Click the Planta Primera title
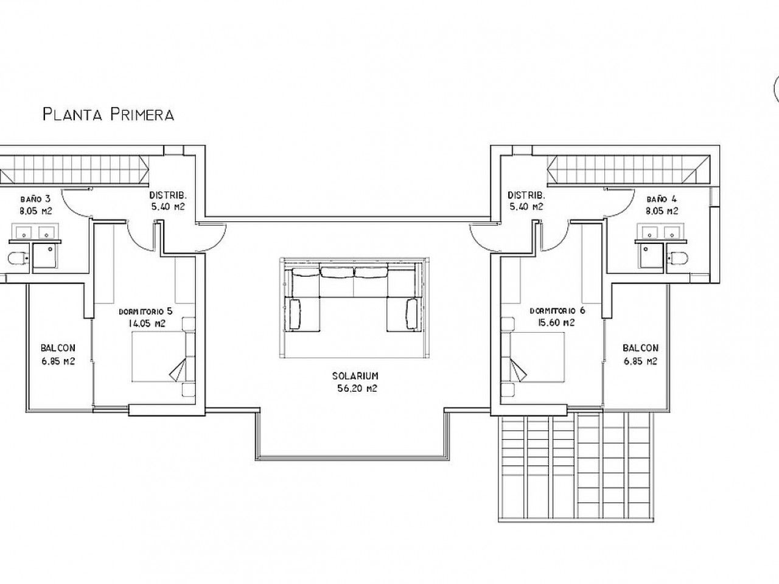[x=108, y=114]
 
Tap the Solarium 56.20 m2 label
[x=355, y=382]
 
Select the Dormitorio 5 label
[x=145, y=311]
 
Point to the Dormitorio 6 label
[x=557, y=311]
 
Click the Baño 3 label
[x=35, y=200]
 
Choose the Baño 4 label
[x=662, y=200]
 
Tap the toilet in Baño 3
[x=18, y=258]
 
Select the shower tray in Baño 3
[x=44, y=255]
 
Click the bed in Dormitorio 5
[x=159, y=356]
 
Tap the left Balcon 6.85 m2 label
[x=58, y=354]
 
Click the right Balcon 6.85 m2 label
[x=641, y=354]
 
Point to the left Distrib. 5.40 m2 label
[x=168, y=201]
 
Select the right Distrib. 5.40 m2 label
[x=526, y=201]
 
